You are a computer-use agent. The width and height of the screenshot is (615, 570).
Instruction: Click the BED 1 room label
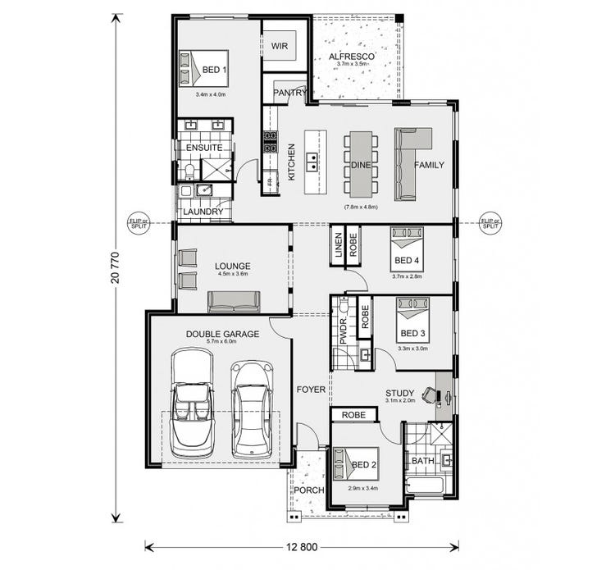(x=214, y=71)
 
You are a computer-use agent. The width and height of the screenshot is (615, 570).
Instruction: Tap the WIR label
(x=284, y=46)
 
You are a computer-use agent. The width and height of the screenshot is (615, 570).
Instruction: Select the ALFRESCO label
(x=352, y=57)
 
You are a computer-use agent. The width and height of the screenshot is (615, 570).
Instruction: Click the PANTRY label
(x=289, y=93)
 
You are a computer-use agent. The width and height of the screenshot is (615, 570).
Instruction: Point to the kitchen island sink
(x=312, y=162)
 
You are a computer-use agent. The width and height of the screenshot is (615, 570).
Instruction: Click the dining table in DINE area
(x=361, y=164)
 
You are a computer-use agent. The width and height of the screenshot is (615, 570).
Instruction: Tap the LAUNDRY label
(x=203, y=212)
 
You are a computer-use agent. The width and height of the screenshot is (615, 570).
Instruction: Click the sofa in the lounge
(x=234, y=303)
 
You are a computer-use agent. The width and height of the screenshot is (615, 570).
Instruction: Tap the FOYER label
(x=311, y=390)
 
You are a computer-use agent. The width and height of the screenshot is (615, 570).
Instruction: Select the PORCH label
(x=309, y=490)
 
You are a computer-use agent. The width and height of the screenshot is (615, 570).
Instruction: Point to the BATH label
(x=423, y=461)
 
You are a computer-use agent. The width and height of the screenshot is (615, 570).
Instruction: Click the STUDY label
(x=401, y=393)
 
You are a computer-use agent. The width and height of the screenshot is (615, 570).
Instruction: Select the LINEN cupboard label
(x=338, y=247)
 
